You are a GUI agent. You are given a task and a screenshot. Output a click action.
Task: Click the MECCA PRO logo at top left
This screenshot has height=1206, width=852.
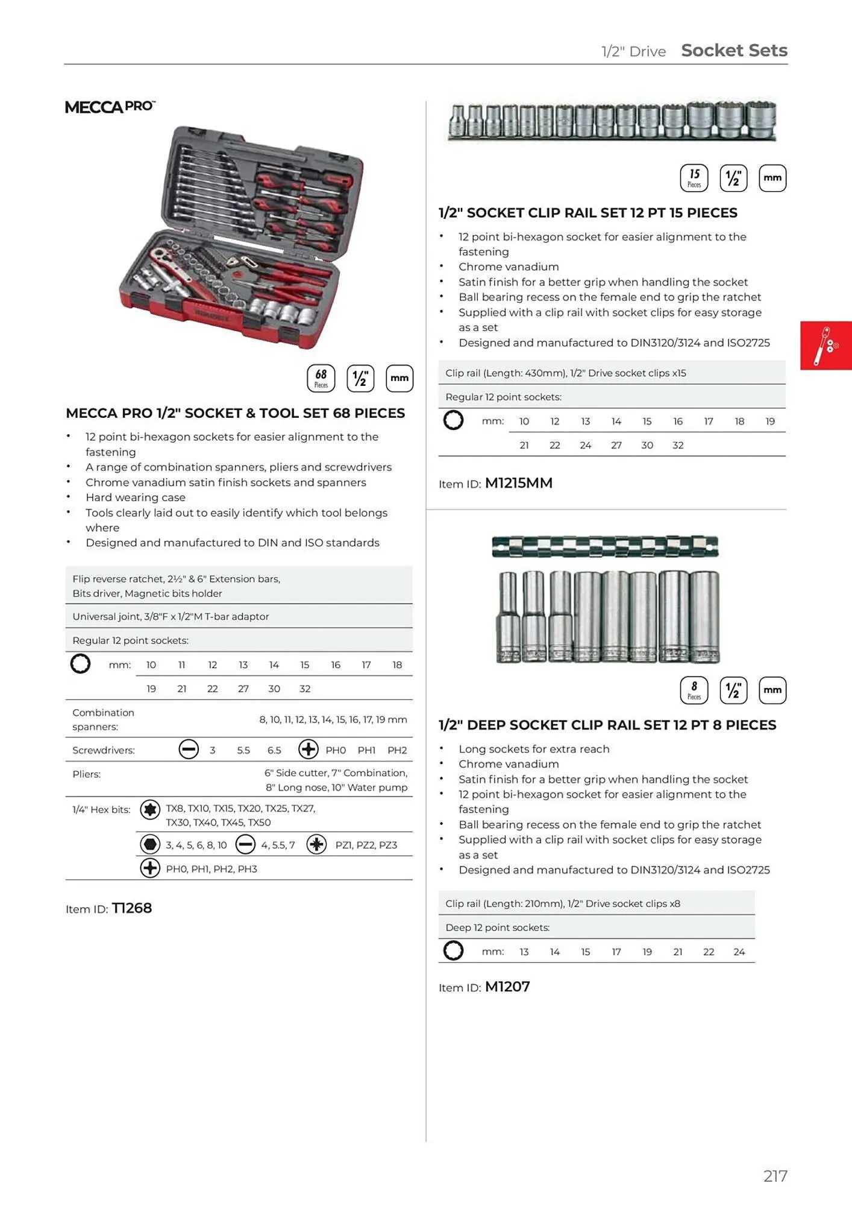click(110, 107)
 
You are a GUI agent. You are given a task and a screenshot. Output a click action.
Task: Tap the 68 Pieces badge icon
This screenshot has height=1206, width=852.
click(321, 378)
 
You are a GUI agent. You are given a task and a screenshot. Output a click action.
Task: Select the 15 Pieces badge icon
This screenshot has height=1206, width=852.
click(694, 178)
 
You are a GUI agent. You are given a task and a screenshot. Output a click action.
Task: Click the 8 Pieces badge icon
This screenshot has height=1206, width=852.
click(694, 690)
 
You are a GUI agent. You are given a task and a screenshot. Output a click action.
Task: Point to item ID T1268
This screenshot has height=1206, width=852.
click(131, 908)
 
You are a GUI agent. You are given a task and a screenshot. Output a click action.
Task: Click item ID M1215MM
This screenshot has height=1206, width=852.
click(518, 483)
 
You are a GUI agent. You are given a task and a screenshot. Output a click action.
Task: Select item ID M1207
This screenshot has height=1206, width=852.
click(507, 987)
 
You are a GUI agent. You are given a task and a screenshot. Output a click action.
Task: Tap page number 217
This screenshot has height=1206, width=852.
click(775, 1176)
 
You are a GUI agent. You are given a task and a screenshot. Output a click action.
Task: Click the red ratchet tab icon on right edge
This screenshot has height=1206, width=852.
click(825, 346)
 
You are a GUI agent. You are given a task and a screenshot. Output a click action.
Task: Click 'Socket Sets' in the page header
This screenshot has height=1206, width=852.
click(734, 51)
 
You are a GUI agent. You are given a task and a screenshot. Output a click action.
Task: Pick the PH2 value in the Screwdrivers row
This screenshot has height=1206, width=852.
click(397, 750)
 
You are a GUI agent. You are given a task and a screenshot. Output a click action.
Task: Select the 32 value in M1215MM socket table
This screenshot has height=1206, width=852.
click(678, 445)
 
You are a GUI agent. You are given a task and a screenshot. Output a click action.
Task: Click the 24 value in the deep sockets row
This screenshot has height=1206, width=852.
click(739, 952)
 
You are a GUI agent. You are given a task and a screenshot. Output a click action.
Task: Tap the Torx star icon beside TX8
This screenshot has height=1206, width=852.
click(150, 809)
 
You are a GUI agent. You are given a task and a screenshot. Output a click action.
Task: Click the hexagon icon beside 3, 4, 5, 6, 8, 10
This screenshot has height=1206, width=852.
click(150, 845)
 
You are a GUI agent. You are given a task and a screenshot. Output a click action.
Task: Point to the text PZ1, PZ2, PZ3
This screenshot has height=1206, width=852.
click(366, 845)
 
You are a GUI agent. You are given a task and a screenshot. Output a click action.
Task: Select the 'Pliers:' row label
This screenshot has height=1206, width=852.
click(86, 774)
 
